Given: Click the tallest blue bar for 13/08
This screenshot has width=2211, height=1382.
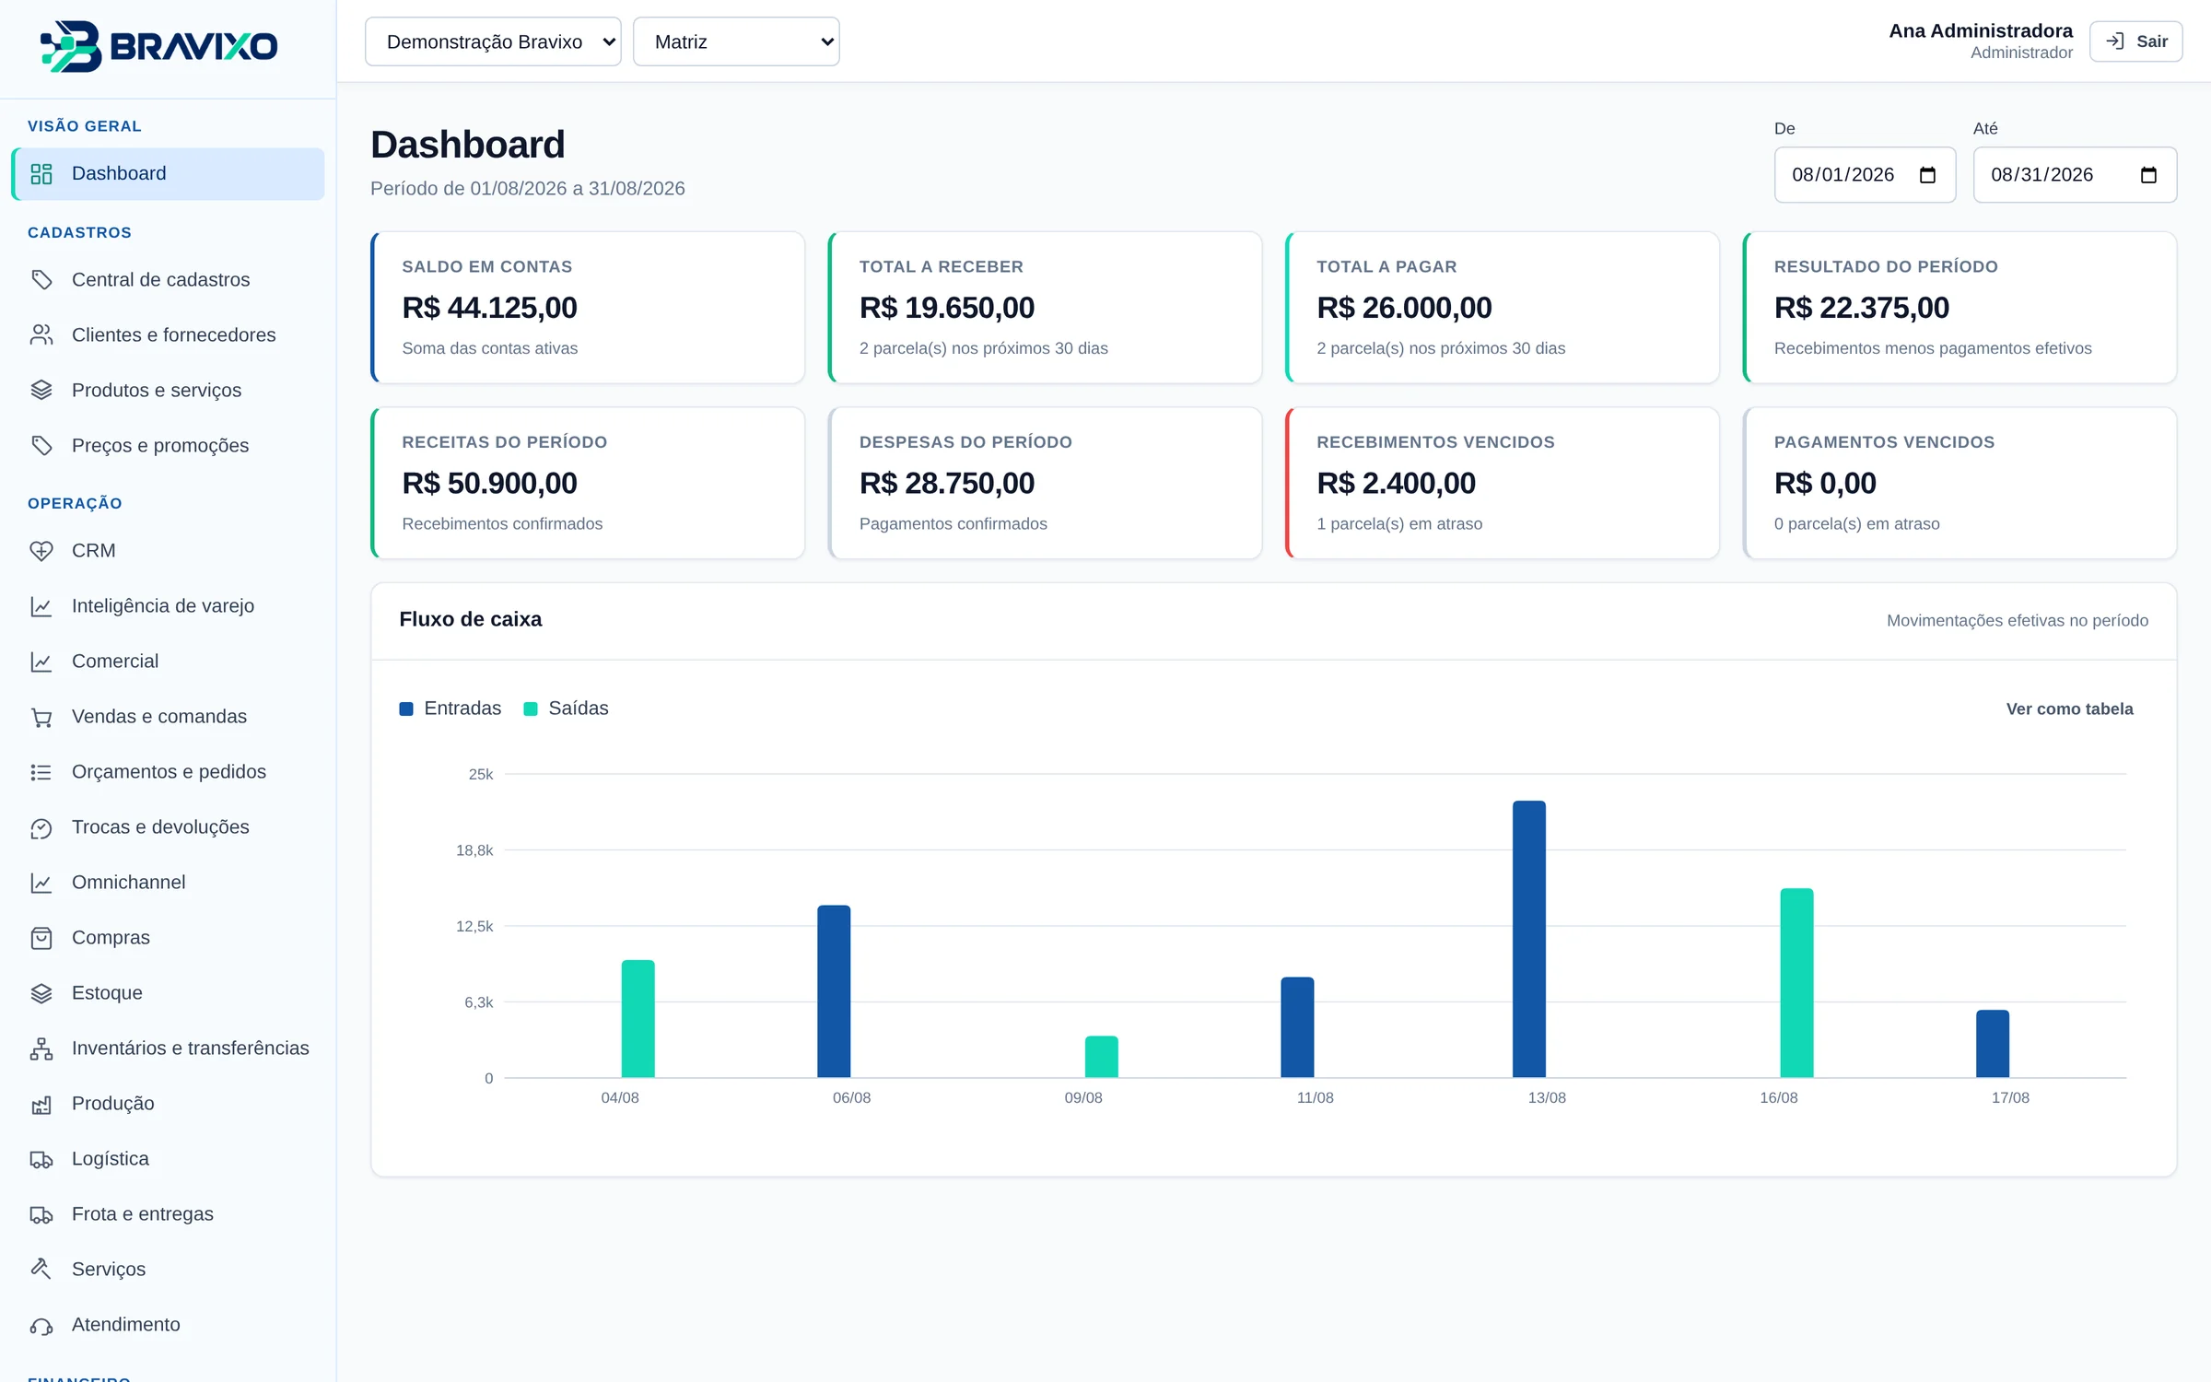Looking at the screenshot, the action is click(x=1528, y=939).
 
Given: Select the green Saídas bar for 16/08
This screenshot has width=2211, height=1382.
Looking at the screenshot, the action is click(x=1796, y=982).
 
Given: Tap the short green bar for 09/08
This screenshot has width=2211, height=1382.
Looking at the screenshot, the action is click(x=1101, y=1056).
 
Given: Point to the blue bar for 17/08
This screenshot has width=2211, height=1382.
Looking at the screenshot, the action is click(x=1992, y=1043).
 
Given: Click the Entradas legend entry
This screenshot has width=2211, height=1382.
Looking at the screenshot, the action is click(x=450, y=708).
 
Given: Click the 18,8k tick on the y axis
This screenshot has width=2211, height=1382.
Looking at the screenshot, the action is click(x=474, y=849).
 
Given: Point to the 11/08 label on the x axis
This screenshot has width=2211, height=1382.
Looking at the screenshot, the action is click(x=1315, y=1097).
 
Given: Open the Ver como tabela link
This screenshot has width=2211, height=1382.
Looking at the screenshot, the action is click(x=2069, y=709).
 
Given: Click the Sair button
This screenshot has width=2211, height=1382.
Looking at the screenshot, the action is click(x=2135, y=41).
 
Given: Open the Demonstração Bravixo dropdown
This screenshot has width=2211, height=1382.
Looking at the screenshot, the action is click(x=493, y=41).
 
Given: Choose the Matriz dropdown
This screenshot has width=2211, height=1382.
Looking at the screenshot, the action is click(x=736, y=41).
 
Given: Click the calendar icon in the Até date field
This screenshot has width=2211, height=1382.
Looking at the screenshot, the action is click(x=2148, y=175).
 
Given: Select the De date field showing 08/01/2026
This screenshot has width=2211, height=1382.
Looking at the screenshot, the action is click(x=1865, y=175).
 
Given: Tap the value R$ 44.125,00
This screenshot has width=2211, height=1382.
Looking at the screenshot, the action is click(x=489, y=307).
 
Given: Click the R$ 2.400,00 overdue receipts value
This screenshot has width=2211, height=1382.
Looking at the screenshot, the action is click(x=1396, y=483).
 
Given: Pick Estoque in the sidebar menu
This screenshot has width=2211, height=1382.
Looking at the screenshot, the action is click(x=107, y=992).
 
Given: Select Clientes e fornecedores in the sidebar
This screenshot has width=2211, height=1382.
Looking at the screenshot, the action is click(x=173, y=334).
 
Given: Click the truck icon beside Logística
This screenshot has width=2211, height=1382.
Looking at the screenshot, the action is click(x=41, y=1159).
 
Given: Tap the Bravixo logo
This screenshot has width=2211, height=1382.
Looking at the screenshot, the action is click(x=158, y=46).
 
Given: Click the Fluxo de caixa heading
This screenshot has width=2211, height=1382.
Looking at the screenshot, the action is click(x=470, y=619).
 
